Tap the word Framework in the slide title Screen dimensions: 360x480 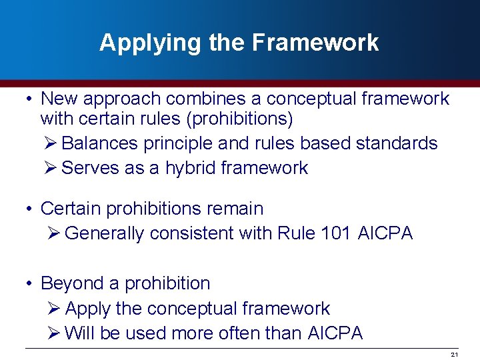pos(315,43)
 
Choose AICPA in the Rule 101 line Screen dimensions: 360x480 pos(385,233)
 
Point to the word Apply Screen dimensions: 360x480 pos(87,309)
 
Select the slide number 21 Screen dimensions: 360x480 pos(454,354)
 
